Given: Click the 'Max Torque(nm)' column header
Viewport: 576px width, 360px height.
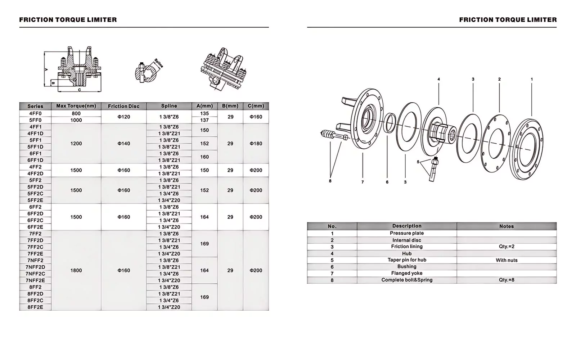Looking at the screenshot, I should pos(76,106).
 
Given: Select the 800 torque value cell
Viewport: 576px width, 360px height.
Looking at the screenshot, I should pos(76,113).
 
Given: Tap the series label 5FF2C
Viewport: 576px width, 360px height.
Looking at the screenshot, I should pos(35,194).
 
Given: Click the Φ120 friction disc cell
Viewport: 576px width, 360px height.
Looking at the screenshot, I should pos(123,117).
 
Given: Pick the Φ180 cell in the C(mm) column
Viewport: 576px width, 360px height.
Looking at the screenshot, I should pos(256,143).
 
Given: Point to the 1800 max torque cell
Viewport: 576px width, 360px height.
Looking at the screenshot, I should pos(76,270).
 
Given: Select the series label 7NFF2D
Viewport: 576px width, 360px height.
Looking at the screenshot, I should pos(35,267).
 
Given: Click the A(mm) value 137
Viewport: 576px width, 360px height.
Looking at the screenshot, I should pos(204,120).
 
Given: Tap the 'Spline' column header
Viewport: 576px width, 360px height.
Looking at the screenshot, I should pos(169,106).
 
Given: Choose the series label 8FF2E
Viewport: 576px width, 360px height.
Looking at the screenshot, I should pos(35,307).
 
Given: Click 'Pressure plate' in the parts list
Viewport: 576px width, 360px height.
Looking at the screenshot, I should pos(407,233).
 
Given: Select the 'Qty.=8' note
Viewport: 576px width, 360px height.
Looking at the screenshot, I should pos(507,280).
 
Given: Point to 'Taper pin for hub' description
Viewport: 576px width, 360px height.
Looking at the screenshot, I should pos(407,260).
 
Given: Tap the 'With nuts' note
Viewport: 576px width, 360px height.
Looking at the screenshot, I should pos(507,260).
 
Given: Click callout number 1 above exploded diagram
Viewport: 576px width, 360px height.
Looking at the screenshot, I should pos(532,79).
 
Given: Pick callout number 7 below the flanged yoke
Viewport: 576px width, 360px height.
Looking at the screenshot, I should pos(363,182).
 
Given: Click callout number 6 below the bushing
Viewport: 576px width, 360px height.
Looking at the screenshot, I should pos(387,182).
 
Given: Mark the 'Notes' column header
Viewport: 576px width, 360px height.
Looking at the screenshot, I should pos(507,226).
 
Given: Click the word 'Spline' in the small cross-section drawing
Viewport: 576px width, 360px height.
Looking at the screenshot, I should pos(159,63).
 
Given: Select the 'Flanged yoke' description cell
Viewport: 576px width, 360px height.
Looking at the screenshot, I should pos(407,273).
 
